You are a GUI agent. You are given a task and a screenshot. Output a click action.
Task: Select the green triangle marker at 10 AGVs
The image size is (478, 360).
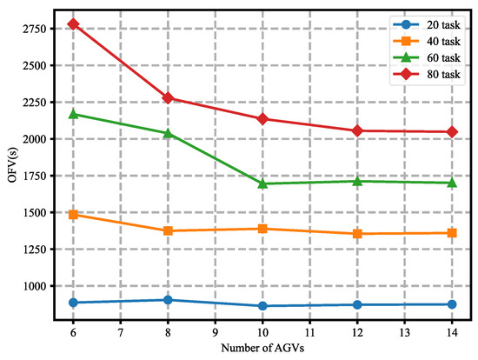[x=262, y=183]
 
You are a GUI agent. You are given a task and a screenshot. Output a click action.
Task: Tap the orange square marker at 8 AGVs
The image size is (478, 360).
[x=168, y=230]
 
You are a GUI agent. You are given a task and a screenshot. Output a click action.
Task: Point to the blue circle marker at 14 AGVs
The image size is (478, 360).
[x=453, y=304]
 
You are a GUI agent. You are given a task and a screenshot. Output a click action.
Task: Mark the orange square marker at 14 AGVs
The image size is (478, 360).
[x=453, y=233]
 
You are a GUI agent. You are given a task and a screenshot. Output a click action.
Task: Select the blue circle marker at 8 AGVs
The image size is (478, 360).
[x=168, y=300]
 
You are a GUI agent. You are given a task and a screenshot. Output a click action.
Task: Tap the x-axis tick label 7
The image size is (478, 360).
[x=120, y=334]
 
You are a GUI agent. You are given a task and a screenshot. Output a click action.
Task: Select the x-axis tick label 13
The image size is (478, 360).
[x=405, y=334]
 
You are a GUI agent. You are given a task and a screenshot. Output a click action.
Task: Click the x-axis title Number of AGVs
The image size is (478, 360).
[x=262, y=350]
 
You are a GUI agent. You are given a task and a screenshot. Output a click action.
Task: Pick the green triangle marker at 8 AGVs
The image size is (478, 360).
[x=168, y=133]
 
